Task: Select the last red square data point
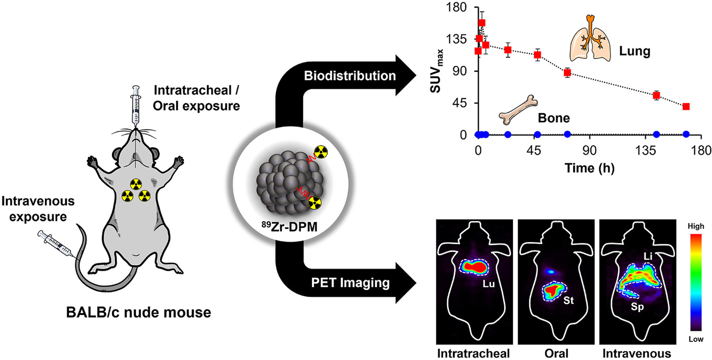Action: point(686,106)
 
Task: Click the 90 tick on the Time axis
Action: point(590,151)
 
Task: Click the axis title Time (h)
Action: point(589,168)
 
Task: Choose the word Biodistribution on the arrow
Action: point(350,76)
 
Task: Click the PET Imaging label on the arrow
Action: point(350,283)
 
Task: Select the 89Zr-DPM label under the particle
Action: point(289,226)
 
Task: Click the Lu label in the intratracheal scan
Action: point(488,284)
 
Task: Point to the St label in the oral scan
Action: point(569,301)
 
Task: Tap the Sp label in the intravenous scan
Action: point(637,307)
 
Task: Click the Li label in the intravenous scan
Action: point(648,256)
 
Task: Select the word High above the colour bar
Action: point(696,226)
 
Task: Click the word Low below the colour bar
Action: point(696,339)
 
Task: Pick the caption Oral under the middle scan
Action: point(556,353)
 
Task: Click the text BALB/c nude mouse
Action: point(139,312)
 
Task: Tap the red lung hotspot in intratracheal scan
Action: point(475,267)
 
